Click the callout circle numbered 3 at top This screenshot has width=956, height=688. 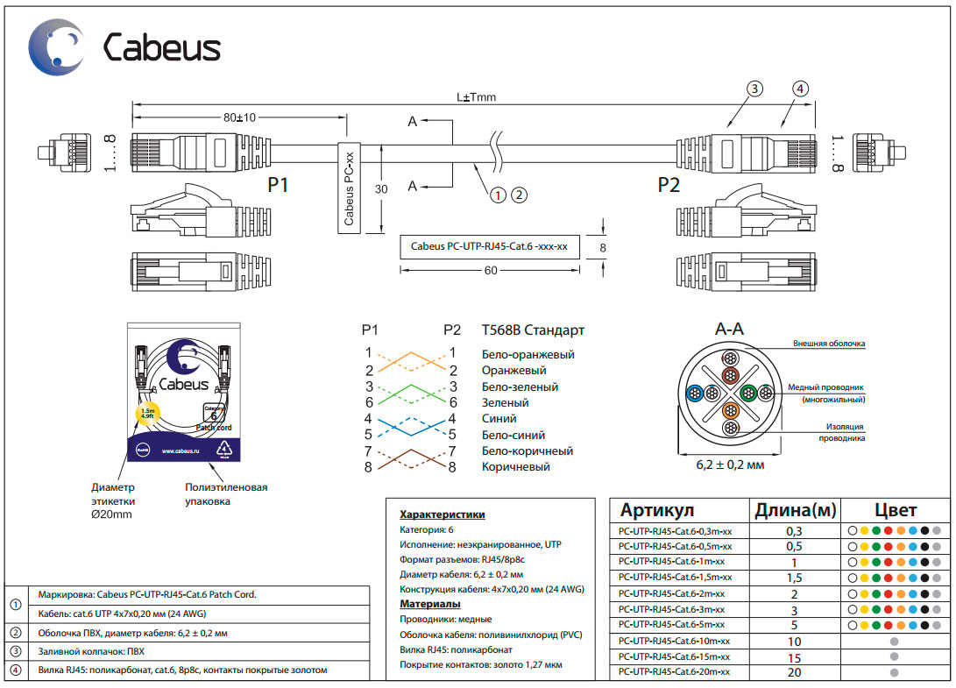pos(754,88)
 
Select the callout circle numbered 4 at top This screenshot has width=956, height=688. pos(800,88)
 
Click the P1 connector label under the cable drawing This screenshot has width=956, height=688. pos(278,186)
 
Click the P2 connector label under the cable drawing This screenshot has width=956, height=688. pos(669,186)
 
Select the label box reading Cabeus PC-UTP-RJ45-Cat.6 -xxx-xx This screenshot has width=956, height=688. pos(489,247)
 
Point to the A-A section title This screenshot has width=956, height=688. pos(729,330)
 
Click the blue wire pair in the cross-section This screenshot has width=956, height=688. pos(695,393)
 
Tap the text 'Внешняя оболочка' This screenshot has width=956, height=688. pos(829,344)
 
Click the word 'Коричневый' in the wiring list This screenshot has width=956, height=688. pos(516,467)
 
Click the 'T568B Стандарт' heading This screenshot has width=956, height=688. pos(533,330)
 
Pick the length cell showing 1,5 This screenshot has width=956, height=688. pos(794,578)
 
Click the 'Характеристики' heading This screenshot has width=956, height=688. pos(442,514)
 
